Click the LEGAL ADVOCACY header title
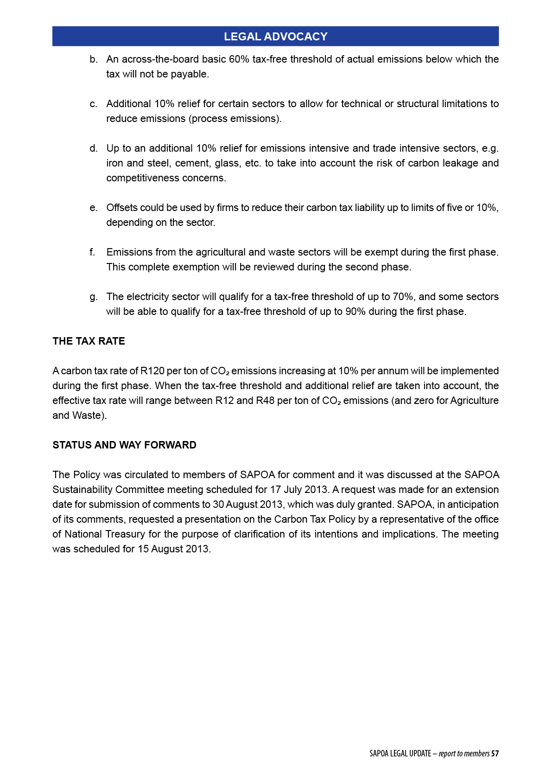[275, 37]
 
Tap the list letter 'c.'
[94, 104]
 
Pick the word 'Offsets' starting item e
[122, 208]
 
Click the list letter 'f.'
[93, 252]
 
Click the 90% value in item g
[355, 312]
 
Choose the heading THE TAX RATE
[89, 341]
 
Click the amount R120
[152, 371]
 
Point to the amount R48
[265, 401]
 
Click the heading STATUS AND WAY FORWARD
[124, 445]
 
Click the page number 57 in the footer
[495, 754]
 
